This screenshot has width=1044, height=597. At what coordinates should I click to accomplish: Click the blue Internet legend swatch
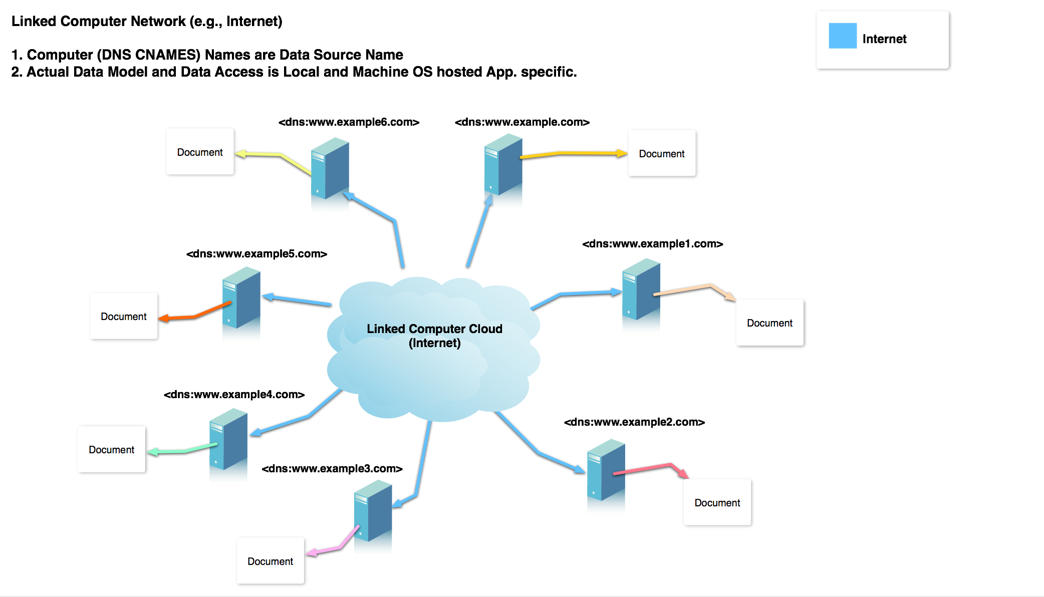click(x=843, y=36)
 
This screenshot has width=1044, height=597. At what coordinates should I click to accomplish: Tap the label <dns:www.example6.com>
click(x=349, y=122)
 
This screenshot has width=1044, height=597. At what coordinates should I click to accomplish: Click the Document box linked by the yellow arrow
click(x=662, y=153)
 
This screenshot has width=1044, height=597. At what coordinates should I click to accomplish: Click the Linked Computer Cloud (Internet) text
click(x=434, y=336)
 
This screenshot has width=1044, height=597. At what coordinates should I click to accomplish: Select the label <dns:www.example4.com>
click(x=234, y=395)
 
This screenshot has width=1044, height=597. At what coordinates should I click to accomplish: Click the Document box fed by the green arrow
click(x=112, y=449)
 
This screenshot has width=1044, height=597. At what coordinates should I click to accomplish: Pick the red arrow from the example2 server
click(x=646, y=469)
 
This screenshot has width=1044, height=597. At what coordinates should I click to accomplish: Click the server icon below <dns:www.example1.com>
click(x=641, y=289)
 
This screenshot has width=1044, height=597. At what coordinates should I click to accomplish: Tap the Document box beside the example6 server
click(x=200, y=152)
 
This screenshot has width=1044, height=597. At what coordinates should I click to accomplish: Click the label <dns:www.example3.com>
click(x=332, y=469)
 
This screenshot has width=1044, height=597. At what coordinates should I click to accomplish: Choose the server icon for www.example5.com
click(x=241, y=297)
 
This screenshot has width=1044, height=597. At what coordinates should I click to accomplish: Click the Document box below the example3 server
click(x=271, y=561)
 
